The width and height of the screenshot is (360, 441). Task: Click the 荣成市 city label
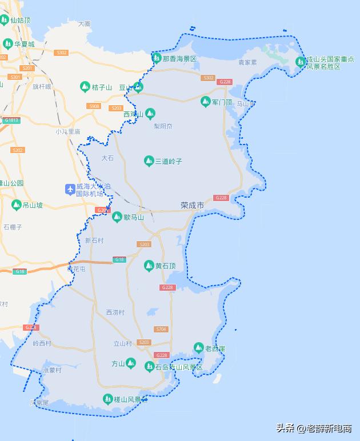[192, 205]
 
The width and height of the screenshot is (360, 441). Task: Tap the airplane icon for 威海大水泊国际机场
[70, 189]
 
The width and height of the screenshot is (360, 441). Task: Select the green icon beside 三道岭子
[149, 161]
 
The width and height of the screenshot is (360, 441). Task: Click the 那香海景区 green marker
[156, 58]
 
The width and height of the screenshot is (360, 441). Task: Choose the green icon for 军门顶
[205, 102]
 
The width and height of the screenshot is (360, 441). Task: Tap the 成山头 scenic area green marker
[300, 62]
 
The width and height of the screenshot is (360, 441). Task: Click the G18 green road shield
[119, 259]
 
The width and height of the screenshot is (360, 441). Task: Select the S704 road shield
[161, 329]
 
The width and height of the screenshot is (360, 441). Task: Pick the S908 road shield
[94, 106]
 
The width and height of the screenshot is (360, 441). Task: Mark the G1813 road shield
[11, 120]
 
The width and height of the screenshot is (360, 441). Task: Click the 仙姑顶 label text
[20, 20]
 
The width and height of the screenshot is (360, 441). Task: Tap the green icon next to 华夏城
[7, 43]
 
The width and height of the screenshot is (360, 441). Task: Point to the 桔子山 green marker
[85, 87]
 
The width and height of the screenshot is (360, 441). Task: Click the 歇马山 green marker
[117, 217]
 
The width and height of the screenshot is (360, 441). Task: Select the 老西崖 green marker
[198, 348]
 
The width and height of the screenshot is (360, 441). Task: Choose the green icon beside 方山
[131, 363]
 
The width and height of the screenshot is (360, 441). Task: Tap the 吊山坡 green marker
[16, 205]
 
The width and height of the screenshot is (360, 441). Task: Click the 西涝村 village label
[115, 312]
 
